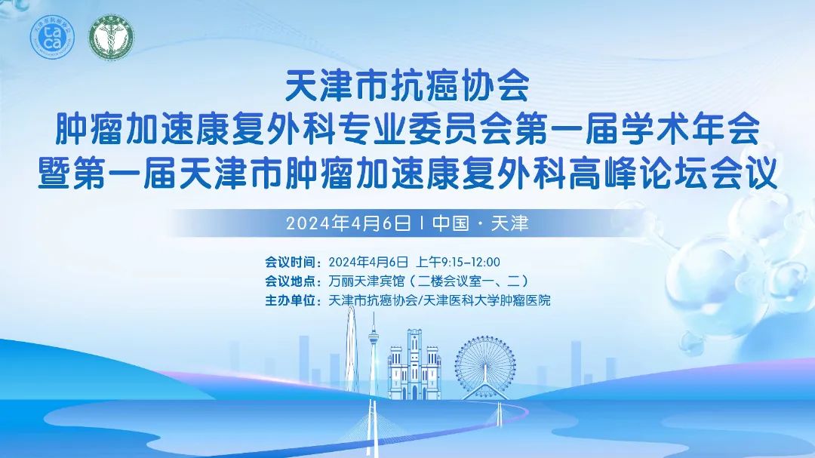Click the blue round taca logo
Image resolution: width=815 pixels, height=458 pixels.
point(52,37)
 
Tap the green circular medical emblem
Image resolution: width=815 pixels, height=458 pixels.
point(111,37)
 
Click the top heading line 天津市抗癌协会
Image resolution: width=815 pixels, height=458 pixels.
point(407,86)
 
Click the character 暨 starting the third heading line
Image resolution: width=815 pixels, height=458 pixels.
point(54,173)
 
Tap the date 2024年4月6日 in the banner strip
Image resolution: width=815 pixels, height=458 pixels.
point(348,223)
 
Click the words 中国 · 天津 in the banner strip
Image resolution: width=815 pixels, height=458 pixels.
point(480,223)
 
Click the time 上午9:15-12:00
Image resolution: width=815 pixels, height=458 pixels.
point(458,262)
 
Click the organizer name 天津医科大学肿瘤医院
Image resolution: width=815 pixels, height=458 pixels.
point(487,300)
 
